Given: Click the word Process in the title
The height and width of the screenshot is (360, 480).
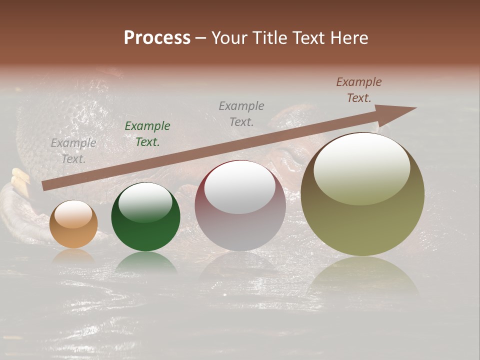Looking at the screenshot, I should pyautogui.click(x=157, y=38).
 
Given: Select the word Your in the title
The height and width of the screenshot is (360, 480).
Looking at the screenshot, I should pyautogui.click(x=231, y=38).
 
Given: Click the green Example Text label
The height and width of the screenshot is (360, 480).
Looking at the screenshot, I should pyautogui.click(x=147, y=134).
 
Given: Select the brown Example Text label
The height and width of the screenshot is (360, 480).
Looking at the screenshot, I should pyautogui.click(x=358, y=90).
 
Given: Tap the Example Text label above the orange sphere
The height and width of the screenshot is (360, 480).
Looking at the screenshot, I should pyautogui.click(x=73, y=151).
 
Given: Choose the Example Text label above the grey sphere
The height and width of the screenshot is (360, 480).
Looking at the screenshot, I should pyautogui.click(x=241, y=113).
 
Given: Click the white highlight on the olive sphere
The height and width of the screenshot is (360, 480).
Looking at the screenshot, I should pyautogui.click(x=361, y=167).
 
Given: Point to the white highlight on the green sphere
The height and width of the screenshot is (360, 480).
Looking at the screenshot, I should pyautogui.click(x=145, y=202).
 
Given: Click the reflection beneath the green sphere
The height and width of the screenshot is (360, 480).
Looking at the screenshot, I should pyautogui.click(x=145, y=262).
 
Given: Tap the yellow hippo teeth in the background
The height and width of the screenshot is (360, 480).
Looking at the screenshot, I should pyautogui.click(x=19, y=180).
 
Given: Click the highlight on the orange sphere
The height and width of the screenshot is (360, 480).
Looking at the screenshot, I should pyautogui.click(x=73, y=214).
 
